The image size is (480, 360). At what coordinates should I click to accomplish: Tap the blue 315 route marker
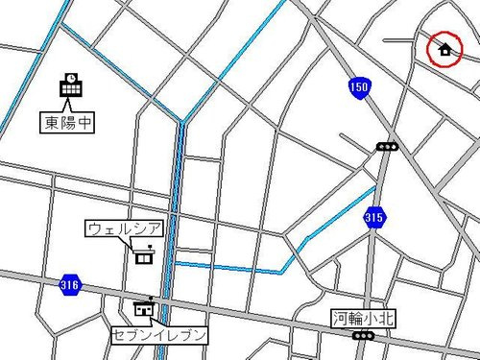pos(374,220)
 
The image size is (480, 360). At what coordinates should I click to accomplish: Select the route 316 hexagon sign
pos(69,285)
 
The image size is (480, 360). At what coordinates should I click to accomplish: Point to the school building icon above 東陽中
pos(72,86)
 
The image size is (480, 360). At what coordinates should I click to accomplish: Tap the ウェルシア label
pos(125,229)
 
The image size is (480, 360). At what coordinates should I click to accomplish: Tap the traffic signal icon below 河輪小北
pos(363,335)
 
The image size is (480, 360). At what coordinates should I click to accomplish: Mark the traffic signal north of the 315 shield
pos(387,146)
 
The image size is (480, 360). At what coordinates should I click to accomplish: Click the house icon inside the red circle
pos(444,49)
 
